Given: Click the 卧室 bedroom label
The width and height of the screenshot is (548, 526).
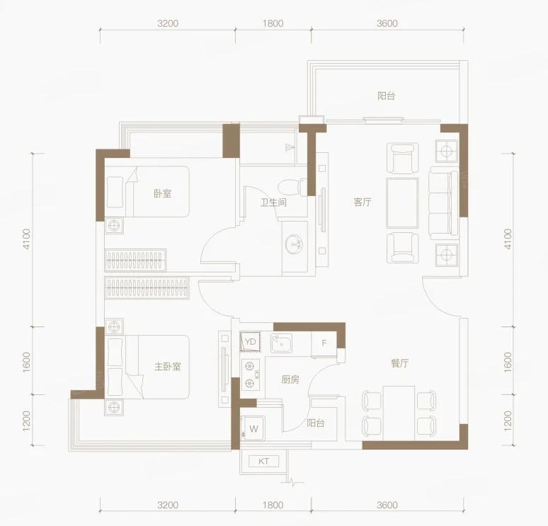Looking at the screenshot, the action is [x=163, y=193].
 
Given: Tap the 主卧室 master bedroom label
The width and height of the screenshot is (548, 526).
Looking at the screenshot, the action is [x=167, y=366].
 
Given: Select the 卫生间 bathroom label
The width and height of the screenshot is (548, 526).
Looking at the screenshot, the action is [x=273, y=202].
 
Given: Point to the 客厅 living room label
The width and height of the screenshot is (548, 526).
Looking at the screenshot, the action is [x=362, y=202].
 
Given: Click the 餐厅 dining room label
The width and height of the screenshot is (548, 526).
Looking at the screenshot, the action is [x=399, y=362].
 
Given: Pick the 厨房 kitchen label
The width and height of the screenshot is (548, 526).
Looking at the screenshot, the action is [x=290, y=379].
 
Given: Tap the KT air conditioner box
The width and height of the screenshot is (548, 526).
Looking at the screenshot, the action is [x=264, y=462].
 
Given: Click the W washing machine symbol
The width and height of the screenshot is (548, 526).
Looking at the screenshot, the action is [x=253, y=428].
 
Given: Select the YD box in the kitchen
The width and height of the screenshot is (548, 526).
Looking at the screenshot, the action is [x=250, y=342].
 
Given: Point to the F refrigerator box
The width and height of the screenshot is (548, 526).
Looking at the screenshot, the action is [x=324, y=343].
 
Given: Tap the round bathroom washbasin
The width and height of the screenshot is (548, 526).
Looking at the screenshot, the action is [x=294, y=244].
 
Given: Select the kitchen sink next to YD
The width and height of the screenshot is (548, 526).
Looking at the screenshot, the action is [x=281, y=343].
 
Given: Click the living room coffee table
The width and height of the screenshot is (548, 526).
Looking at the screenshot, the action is [x=403, y=203].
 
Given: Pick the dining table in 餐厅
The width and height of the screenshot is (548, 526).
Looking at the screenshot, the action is [x=399, y=413].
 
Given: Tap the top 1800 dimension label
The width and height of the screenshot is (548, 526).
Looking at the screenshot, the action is [x=273, y=23].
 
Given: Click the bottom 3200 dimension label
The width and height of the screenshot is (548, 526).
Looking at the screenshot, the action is [x=168, y=505].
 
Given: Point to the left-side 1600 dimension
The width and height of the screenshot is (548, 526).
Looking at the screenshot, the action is [x=27, y=362].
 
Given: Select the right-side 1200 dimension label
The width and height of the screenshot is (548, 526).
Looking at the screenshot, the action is [x=508, y=421].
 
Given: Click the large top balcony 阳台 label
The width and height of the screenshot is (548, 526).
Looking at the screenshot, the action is [x=386, y=96].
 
